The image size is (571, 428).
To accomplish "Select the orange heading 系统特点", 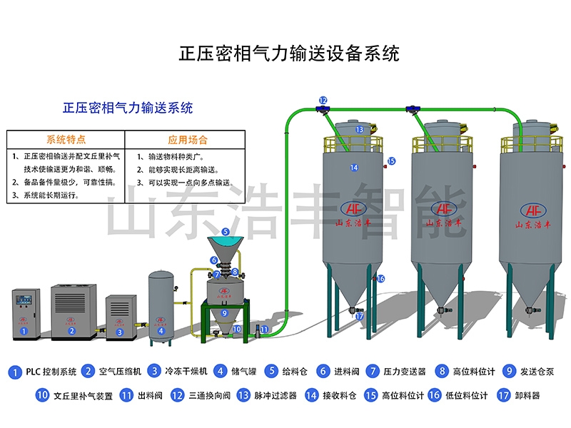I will tap(66, 139).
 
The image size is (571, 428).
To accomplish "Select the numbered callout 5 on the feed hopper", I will tap(226, 232).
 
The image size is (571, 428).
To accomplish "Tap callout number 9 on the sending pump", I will tap(225, 312).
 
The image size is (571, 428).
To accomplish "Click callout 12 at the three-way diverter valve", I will tap(323, 101).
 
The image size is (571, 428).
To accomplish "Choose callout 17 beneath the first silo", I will tap(359, 316).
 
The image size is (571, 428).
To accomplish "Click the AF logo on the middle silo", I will tap(443, 208).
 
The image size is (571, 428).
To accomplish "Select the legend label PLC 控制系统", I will tap(51, 372).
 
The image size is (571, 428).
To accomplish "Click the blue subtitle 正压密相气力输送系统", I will tap(128, 108).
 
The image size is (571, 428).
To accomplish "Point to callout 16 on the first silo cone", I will tap(380, 279).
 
